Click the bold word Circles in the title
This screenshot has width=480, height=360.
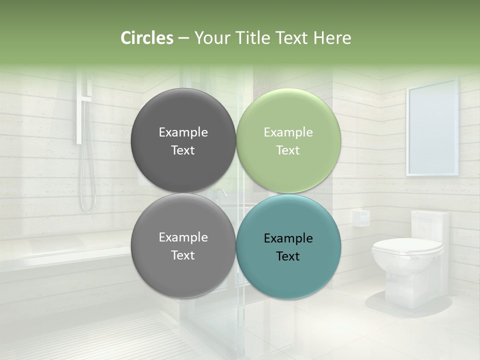click(x=147, y=38)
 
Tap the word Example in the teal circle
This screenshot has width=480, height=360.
click(x=288, y=238)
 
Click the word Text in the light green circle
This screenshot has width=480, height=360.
click(x=288, y=150)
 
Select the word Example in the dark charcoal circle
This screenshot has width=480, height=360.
click(x=183, y=132)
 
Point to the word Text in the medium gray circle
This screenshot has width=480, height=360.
click(x=183, y=255)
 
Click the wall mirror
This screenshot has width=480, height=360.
click(x=432, y=130)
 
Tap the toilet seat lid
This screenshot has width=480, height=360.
click(x=407, y=246)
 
